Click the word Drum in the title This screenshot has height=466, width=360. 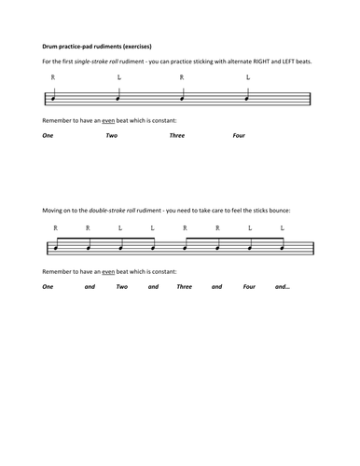tap(51, 45)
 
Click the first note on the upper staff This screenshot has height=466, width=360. tap(55, 98)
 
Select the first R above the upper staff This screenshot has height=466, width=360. tap(54, 78)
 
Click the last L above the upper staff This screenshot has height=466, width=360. tap(248, 78)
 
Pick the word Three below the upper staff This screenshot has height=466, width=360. tap(177, 135)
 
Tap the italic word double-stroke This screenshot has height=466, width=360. tap(125, 210)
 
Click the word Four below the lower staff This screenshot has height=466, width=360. tap(249, 286)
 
